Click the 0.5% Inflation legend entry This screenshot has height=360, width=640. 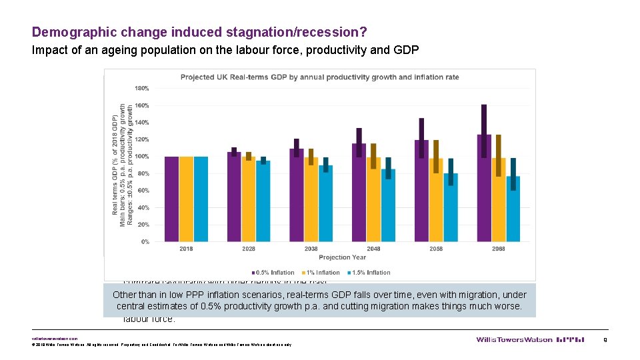[273, 272]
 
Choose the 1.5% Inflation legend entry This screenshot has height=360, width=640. [370, 272]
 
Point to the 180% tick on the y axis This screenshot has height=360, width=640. [142, 88]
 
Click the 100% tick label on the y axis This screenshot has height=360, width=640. [142, 157]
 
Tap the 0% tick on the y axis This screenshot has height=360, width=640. [145, 242]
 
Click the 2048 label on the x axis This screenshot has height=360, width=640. [373, 249]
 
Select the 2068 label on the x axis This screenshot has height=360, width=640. [498, 249]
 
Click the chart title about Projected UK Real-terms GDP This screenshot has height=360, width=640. [319, 77]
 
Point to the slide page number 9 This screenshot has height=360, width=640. [604, 339]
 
